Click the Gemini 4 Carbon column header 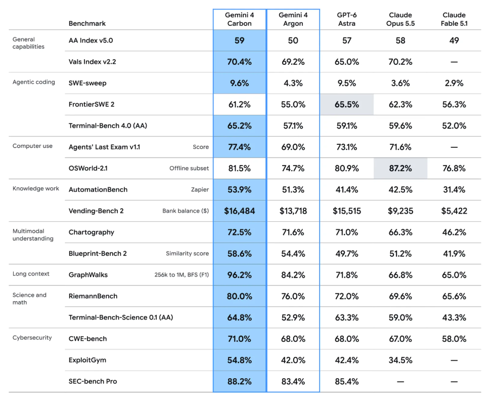239,19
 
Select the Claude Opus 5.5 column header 400,19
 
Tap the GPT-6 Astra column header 347,19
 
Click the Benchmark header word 87,23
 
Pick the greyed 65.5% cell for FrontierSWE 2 347,104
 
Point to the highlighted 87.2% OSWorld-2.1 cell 400,168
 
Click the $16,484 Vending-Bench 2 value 239,211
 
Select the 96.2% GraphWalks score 239,275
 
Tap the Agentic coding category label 34,82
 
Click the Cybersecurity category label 32,338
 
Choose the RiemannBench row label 93,296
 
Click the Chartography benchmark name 91,232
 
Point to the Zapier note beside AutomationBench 200,189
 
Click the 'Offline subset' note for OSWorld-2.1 189,168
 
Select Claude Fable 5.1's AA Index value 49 454,41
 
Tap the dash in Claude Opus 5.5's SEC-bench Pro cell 400,381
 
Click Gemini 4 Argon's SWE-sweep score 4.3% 293,83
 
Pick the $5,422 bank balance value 454,211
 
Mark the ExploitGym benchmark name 87,360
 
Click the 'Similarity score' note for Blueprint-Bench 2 187,253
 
